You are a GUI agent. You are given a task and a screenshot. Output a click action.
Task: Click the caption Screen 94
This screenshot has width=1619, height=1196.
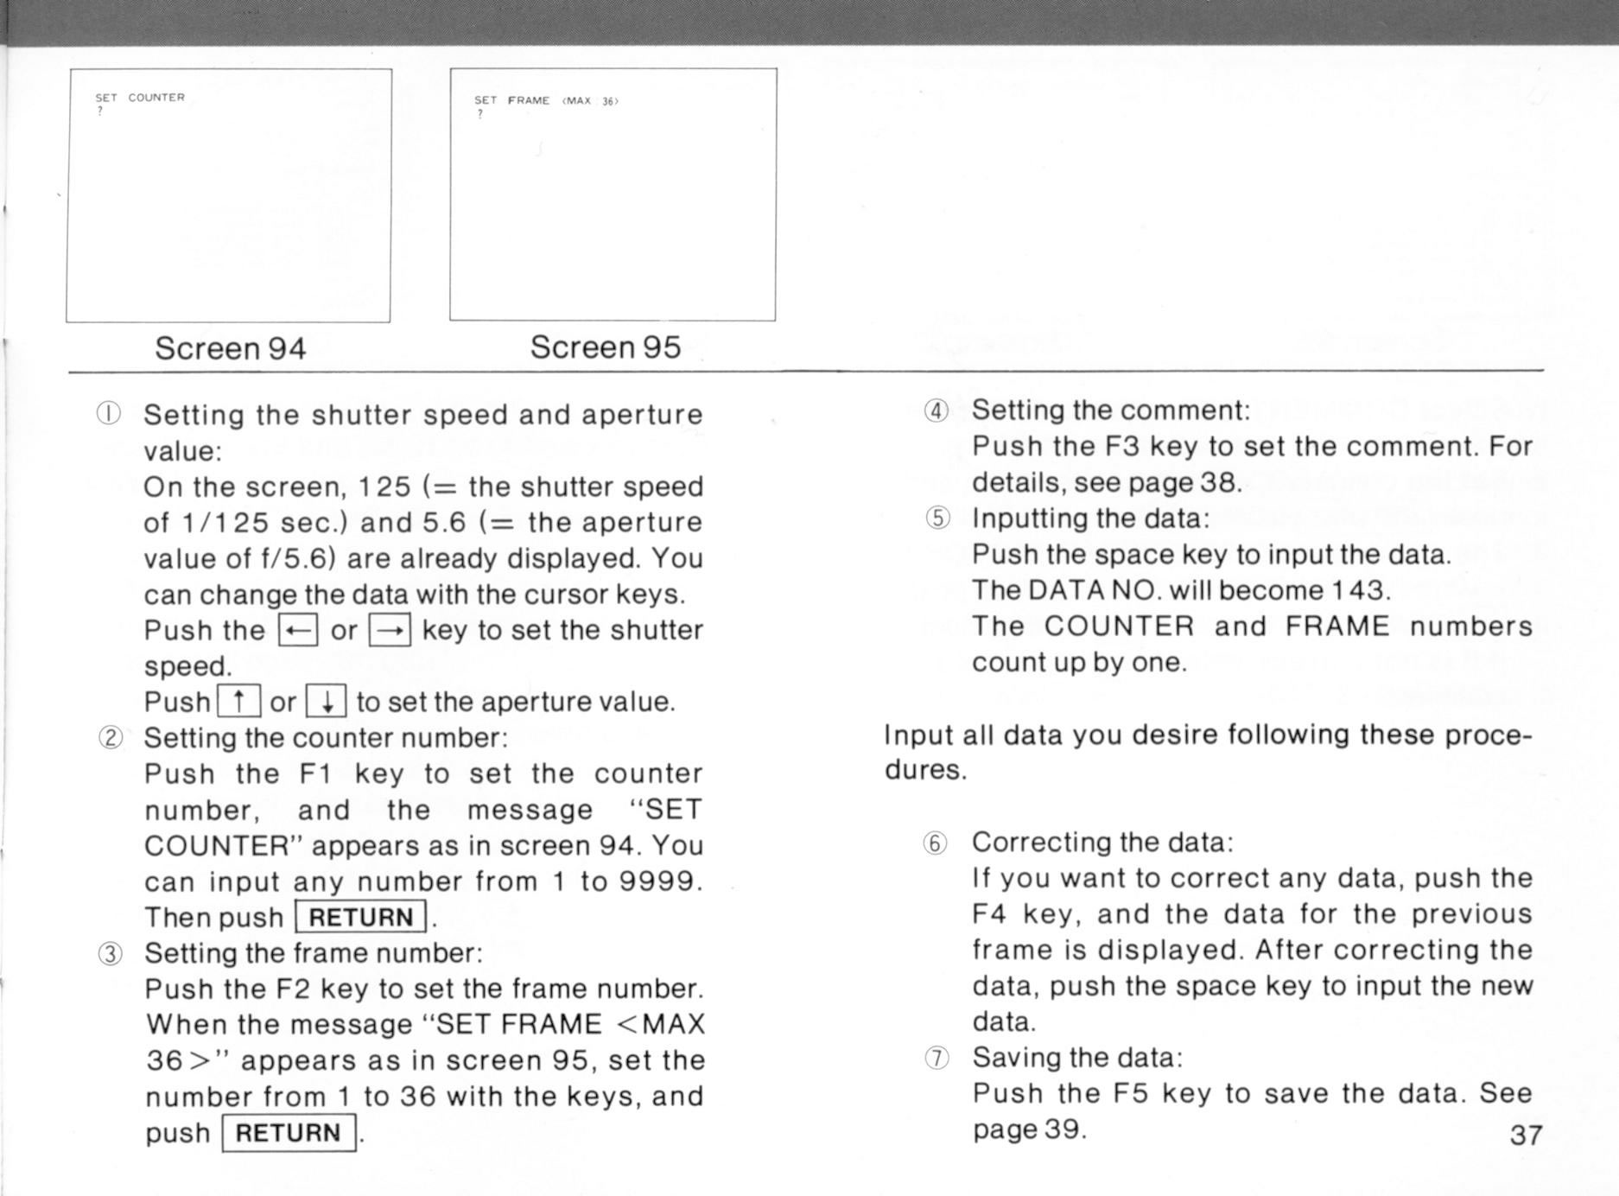click(x=230, y=348)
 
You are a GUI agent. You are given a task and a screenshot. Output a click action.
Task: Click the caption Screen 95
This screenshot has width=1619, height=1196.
click(x=605, y=347)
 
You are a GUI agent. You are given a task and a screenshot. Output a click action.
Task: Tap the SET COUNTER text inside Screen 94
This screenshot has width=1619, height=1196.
click(x=140, y=98)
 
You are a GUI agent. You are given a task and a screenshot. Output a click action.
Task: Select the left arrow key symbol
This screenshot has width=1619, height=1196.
click(x=298, y=630)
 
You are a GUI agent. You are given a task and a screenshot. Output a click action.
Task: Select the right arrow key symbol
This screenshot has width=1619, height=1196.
click(x=390, y=630)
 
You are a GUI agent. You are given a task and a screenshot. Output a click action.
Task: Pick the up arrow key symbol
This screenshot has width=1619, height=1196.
click(x=238, y=701)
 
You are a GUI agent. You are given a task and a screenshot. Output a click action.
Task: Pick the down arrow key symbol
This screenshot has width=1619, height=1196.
click(x=327, y=701)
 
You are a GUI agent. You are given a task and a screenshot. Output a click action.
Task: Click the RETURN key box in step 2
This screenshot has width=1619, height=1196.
click(x=361, y=917)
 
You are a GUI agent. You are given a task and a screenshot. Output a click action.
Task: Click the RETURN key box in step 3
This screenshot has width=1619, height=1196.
click(x=289, y=1133)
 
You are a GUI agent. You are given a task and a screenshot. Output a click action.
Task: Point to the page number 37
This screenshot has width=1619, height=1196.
click(x=1526, y=1135)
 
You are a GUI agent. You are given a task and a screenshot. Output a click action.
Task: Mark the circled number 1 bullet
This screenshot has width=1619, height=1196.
click(x=109, y=414)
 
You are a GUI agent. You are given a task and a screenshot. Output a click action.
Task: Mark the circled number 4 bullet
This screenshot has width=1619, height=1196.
click(x=936, y=410)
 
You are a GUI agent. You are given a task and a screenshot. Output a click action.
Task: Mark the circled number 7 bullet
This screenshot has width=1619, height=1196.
click(x=936, y=1058)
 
